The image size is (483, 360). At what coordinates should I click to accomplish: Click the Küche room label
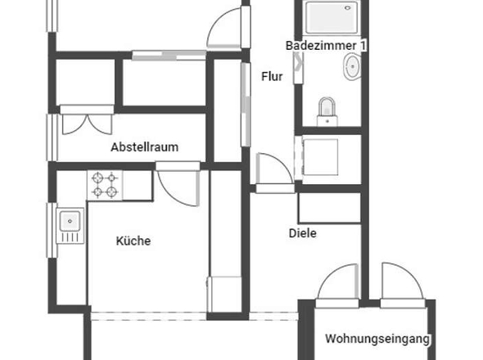coord(133,241)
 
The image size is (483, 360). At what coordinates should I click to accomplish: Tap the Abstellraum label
coord(145,148)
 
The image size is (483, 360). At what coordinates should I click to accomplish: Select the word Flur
coord(272,78)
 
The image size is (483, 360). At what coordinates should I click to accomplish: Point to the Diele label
coord(302,233)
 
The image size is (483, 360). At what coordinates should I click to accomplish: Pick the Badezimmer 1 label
coord(326,46)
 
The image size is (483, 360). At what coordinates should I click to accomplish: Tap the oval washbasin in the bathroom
coord(353,68)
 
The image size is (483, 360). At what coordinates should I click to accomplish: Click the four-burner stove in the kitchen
coord(104,185)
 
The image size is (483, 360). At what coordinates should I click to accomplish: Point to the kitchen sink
coord(70,222)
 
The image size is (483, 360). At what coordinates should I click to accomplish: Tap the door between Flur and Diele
coord(275,172)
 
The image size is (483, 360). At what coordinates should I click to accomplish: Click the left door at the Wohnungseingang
coord(338,286)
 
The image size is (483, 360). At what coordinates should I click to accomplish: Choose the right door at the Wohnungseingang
coord(401,286)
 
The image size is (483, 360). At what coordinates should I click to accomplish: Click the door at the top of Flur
coord(227,29)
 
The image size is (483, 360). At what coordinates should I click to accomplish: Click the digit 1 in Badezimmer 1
coord(363,46)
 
